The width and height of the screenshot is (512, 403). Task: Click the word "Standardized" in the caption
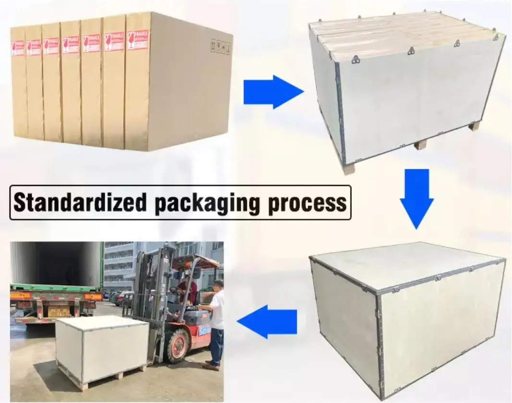tap(79, 203)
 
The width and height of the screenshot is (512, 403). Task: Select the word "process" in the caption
tap(307, 203)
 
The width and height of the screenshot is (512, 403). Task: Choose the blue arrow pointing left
tap(267, 321)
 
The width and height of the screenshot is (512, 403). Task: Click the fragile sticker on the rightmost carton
tap(138, 40)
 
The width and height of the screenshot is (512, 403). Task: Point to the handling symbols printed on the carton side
tap(220, 47)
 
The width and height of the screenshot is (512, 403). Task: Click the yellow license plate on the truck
tap(58, 312)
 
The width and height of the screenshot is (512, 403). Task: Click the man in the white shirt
tap(215, 324)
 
